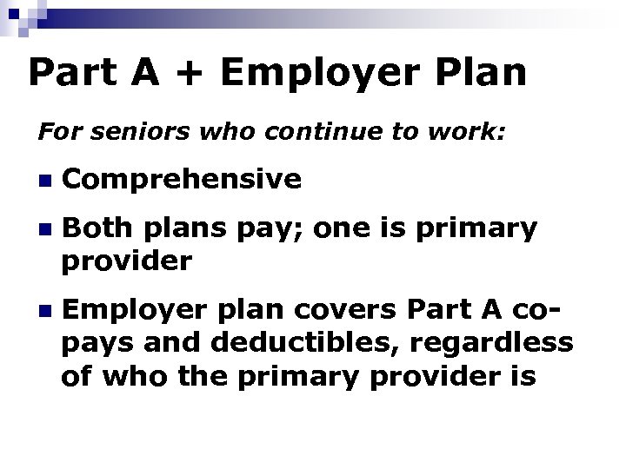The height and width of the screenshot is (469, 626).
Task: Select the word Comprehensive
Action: coord(183,180)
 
